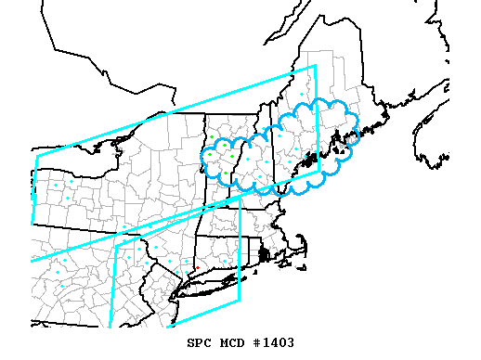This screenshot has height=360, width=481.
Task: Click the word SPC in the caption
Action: [200, 342]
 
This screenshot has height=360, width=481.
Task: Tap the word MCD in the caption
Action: [232, 342]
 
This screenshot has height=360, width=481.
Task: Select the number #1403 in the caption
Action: [273, 342]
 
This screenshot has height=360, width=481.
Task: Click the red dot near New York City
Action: [197, 268]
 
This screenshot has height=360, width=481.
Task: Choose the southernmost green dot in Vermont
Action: [226, 174]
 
